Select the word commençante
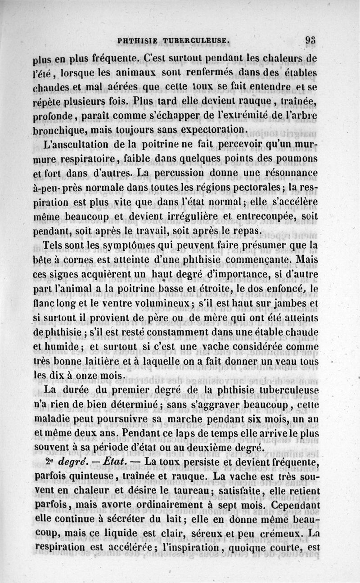[236, 260]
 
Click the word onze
[85, 375]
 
